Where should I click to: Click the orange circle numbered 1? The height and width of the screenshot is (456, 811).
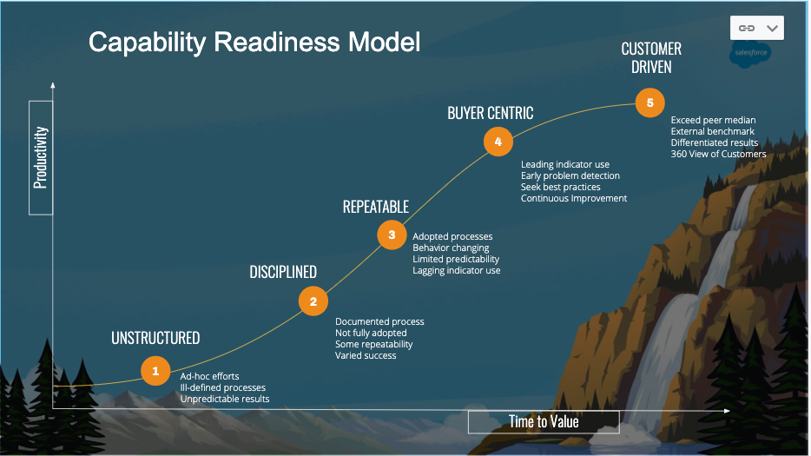(x=155, y=371)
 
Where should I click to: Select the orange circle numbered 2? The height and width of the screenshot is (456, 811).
(x=313, y=301)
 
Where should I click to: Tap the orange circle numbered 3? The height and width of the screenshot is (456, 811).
(x=392, y=235)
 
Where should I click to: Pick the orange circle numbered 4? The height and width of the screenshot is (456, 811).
(x=498, y=141)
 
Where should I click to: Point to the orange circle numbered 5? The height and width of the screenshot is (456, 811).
(x=649, y=102)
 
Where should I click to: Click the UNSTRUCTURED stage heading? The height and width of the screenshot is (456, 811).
(x=155, y=338)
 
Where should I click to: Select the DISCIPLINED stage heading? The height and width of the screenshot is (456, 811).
(x=283, y=272)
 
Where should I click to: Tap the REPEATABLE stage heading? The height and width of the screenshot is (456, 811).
(x=376, y=206)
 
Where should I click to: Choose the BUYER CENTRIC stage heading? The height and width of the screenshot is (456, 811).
(x=490, y=113)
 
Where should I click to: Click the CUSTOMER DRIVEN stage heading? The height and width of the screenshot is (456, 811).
(x=651, y=57)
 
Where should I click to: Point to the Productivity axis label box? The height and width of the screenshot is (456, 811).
(x=41, y=157)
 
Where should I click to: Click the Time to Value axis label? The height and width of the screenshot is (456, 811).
(x=544, y=421)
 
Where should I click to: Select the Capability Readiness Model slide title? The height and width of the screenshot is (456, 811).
(x=254, y=43)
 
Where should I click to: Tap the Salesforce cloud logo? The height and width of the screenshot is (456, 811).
(x=749, y=54)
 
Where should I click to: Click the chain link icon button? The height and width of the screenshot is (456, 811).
(x=746, y=28)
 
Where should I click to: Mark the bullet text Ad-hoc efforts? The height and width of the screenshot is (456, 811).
(x=209, y=376)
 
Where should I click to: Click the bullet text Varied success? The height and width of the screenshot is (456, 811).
(x=366, y=355)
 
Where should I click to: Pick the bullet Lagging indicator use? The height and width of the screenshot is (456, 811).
(x=456, y=271)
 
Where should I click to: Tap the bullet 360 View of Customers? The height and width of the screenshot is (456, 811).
(x=718, y=154)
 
